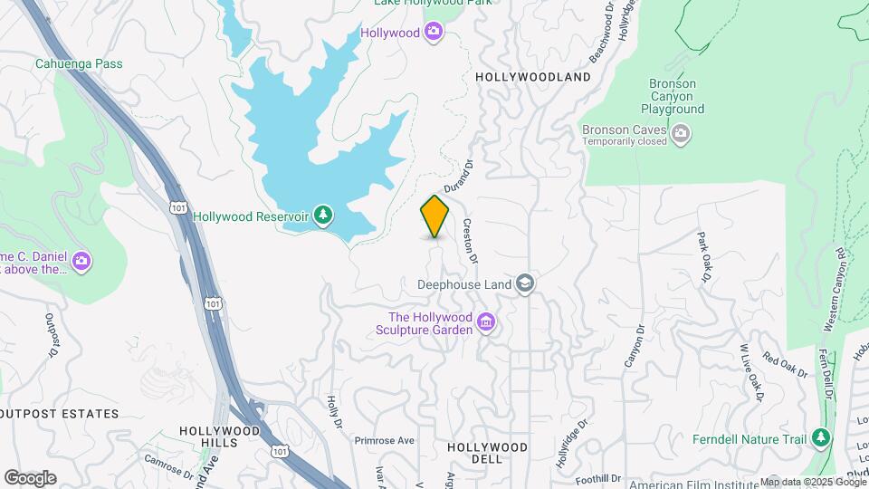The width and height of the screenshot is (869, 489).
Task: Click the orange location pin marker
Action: point(434,216)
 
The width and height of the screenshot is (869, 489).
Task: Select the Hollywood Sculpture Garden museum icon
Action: point(486,322)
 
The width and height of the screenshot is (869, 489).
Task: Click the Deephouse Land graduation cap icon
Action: point(524,283)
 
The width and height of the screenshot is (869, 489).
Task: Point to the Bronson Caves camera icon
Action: point(681,135)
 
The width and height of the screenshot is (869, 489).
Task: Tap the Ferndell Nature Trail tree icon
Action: point(821,439)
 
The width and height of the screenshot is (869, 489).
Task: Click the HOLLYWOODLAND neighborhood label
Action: point(533,77)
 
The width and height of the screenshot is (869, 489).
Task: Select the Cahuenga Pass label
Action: point(79,64)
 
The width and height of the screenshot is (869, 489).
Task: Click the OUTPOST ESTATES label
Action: point(61,414)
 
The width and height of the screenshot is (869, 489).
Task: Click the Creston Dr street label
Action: point(469,241)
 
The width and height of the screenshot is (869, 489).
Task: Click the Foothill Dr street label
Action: point(601,478)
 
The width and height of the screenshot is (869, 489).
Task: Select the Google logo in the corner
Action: point(30,478)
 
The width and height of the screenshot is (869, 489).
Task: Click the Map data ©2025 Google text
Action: point(812,483)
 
